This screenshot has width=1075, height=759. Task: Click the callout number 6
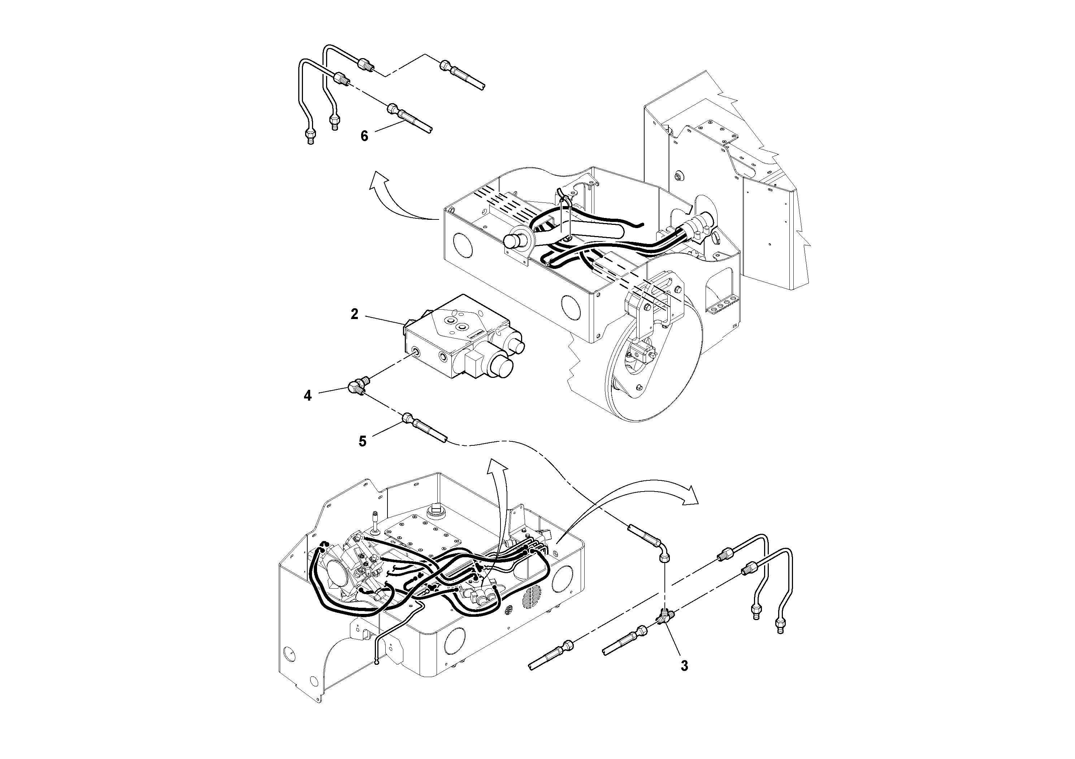pyautogui.click(x=364, y=136)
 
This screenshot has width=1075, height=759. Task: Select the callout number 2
pyautogui.click(x=355, y=314)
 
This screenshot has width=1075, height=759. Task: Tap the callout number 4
pyautogui.click(x=307, y=396)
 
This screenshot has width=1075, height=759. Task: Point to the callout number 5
pyautogui.click(x=363, y=441)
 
